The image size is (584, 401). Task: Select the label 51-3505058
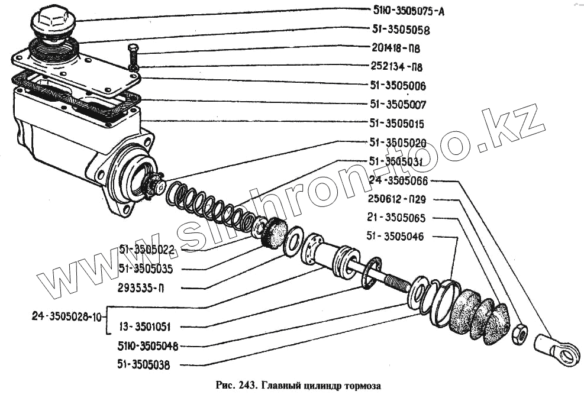401,29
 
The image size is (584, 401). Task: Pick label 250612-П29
405,199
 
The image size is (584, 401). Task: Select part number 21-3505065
404,218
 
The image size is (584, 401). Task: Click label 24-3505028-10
66,316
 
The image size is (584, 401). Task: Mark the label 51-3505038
144,365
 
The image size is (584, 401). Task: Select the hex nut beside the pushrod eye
519,334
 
